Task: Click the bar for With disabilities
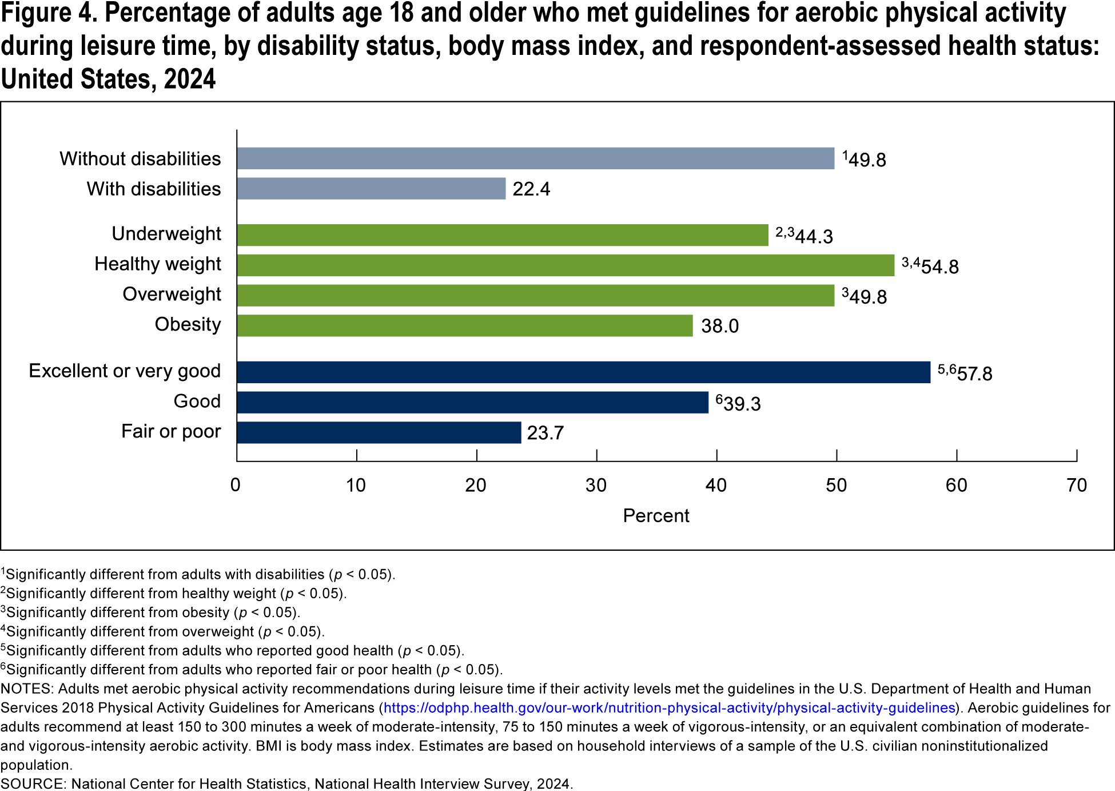(372, 189)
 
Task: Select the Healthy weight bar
(566, 265)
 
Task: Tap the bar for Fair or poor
(379, 432)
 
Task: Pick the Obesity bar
(464, 325)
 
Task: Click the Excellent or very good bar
(583, 372)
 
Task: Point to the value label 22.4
(531, 189)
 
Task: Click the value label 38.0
(720, 326)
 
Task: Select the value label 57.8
(974, 374)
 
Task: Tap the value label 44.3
(814, 236)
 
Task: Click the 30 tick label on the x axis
(596, 486)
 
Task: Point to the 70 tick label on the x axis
(1077, 486)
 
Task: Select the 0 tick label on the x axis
(236, 486)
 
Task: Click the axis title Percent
(656, 516)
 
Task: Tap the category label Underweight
(166, 234)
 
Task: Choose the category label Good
(197, 402)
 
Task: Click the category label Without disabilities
(140, 159)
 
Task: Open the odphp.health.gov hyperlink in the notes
(669, 708)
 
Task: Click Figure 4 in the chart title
(49, 14)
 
